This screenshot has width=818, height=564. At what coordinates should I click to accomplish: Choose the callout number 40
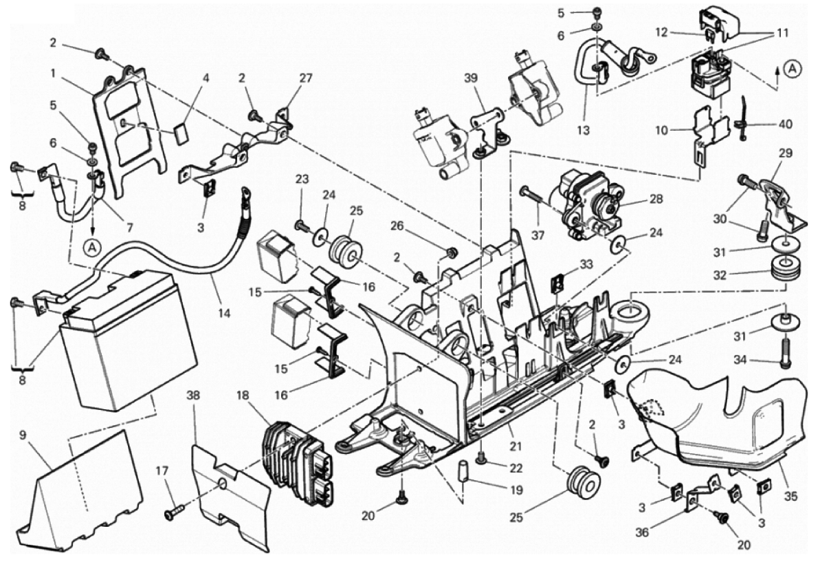786,124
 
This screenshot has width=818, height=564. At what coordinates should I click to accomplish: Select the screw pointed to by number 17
175,512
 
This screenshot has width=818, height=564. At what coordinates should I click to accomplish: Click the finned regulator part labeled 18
296,457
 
